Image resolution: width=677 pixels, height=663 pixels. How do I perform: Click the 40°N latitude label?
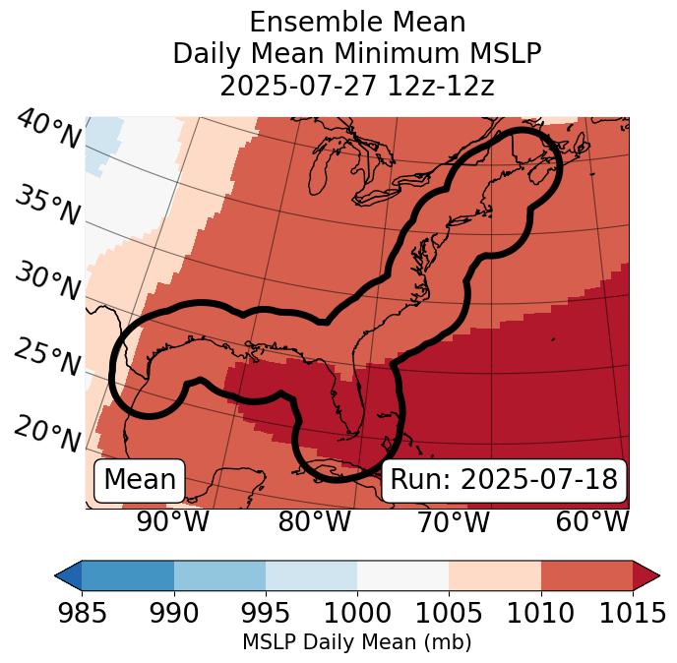tap(47, 130)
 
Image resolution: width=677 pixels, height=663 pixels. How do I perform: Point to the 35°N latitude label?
tap(47, 206)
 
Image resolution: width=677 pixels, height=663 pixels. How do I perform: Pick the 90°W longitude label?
tap(173, 521)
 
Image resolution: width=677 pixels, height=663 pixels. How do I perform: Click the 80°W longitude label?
tap(314, 521)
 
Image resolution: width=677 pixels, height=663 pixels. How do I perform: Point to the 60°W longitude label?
tap(592, 521)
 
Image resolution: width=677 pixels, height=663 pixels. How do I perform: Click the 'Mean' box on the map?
tap(140, 480)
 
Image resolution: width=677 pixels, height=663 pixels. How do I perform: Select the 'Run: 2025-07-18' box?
tap(504, 480)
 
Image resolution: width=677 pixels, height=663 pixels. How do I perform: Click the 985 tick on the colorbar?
tap(81, 613)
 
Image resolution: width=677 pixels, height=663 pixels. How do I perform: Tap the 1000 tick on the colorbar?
tap(357, 613)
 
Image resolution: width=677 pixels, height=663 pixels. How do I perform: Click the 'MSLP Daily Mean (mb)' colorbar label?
tap(356, 642)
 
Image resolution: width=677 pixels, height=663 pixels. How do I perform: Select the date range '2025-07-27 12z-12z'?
tap(356, 86)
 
